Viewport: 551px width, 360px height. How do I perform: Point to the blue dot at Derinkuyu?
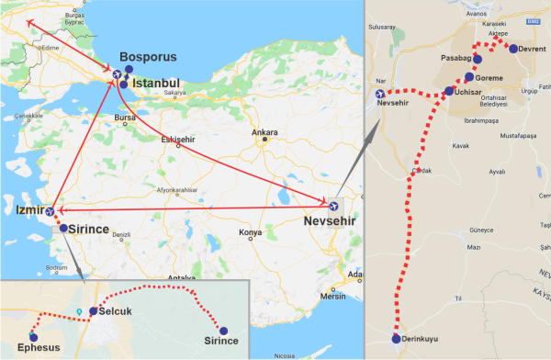point(397,339)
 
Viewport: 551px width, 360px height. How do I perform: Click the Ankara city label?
point(266,131)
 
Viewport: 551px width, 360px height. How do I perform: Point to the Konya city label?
point(250,232)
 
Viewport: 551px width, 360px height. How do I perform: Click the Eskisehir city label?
point(179,139)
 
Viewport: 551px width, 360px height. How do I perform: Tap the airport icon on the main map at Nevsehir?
point(333,204)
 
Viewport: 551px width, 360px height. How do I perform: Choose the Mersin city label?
point(333,296)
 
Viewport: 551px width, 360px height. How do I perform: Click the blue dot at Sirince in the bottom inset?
point(221,329)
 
